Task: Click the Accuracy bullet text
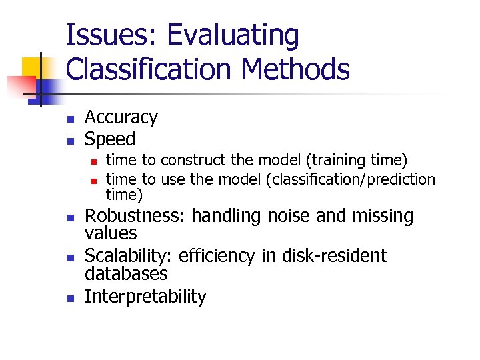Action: [121, 117]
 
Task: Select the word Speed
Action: [110, 139]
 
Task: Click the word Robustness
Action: [135, 216]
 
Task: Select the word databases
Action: [126, 274]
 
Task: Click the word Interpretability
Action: [145, 297]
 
